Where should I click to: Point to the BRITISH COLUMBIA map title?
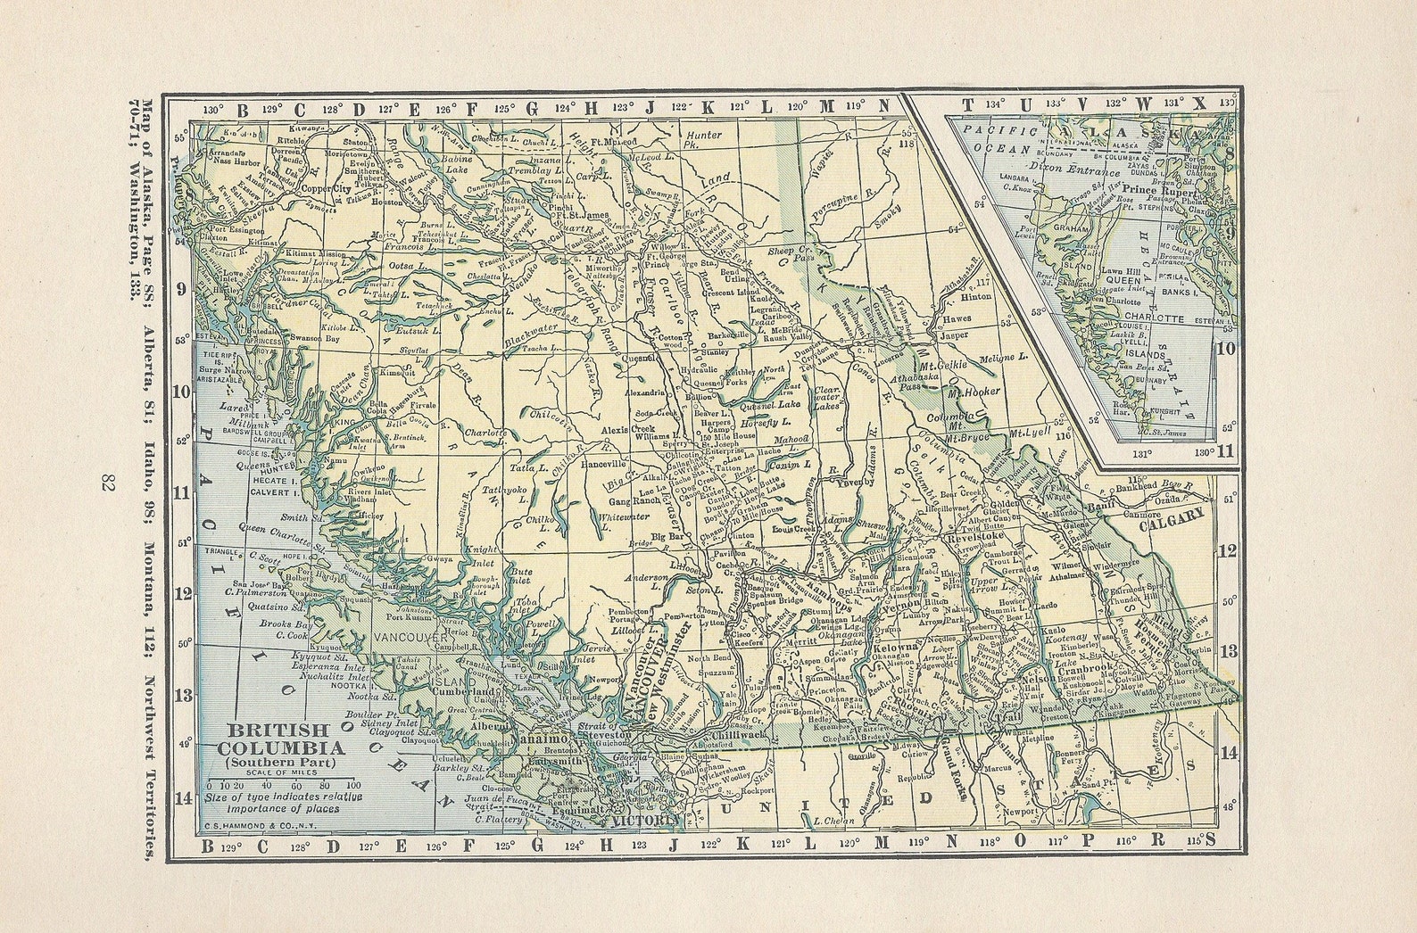point(272,739)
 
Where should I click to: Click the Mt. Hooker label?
point(973,392)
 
